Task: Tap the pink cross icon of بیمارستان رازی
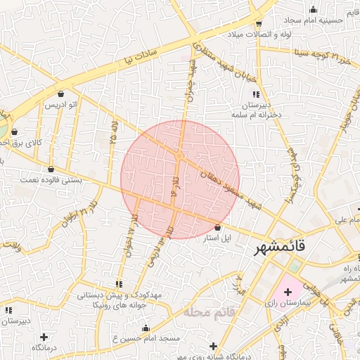point(288,291)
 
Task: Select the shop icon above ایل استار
point(217,228)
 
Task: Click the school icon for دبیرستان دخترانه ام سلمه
point(256,94)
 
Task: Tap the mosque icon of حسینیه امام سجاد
point(313,9)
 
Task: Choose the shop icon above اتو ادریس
point(61,94)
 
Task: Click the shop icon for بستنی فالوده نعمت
point(51,169)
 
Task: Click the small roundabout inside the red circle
point(179,156)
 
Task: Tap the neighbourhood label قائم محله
point(208,310)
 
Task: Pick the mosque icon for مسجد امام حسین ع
point(146,328)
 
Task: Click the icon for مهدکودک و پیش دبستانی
point(119,284)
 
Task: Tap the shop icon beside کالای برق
point(15,131)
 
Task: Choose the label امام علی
point(342,219)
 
